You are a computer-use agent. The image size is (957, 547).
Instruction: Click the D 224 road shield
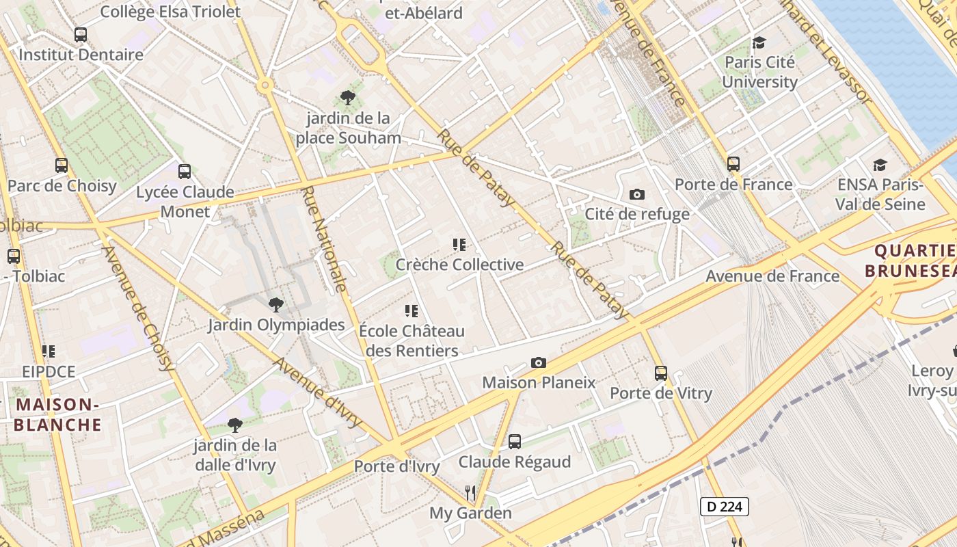[x=725, y=507]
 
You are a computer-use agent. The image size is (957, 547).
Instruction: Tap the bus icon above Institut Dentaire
[x=81, y=34]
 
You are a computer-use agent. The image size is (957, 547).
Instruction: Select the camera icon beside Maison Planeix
[x=539, y=362]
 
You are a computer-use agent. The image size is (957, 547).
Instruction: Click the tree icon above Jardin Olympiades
[x=275, y=304]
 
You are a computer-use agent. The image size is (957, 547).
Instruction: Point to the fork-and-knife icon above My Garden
[x=470, y=492]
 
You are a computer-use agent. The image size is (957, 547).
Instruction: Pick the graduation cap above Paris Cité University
[x=759, y=42]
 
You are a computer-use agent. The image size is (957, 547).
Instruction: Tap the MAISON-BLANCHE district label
[x=58, y=414]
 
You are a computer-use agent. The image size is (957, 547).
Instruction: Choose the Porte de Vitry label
[x=661, y=393]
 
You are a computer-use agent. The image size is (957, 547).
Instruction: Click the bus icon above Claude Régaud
[x=515, y=442]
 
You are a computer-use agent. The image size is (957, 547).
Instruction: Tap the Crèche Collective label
[x=459, y=265]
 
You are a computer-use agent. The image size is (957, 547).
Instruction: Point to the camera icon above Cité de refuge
[x=637, y=194]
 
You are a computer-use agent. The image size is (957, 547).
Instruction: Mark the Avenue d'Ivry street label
[x=317, y=392]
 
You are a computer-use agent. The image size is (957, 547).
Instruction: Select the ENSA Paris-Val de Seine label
[x=880, y=194]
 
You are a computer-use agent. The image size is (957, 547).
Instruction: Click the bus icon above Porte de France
[x=733, y=163]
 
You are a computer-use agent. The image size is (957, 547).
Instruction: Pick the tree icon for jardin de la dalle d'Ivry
[x=234, y=425]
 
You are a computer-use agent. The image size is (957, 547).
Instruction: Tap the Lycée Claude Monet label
[x=185, y=202]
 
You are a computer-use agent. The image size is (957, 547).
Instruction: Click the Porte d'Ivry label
[x=396, y=466]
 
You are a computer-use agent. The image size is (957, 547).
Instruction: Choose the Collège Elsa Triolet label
[x=170, y=12]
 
